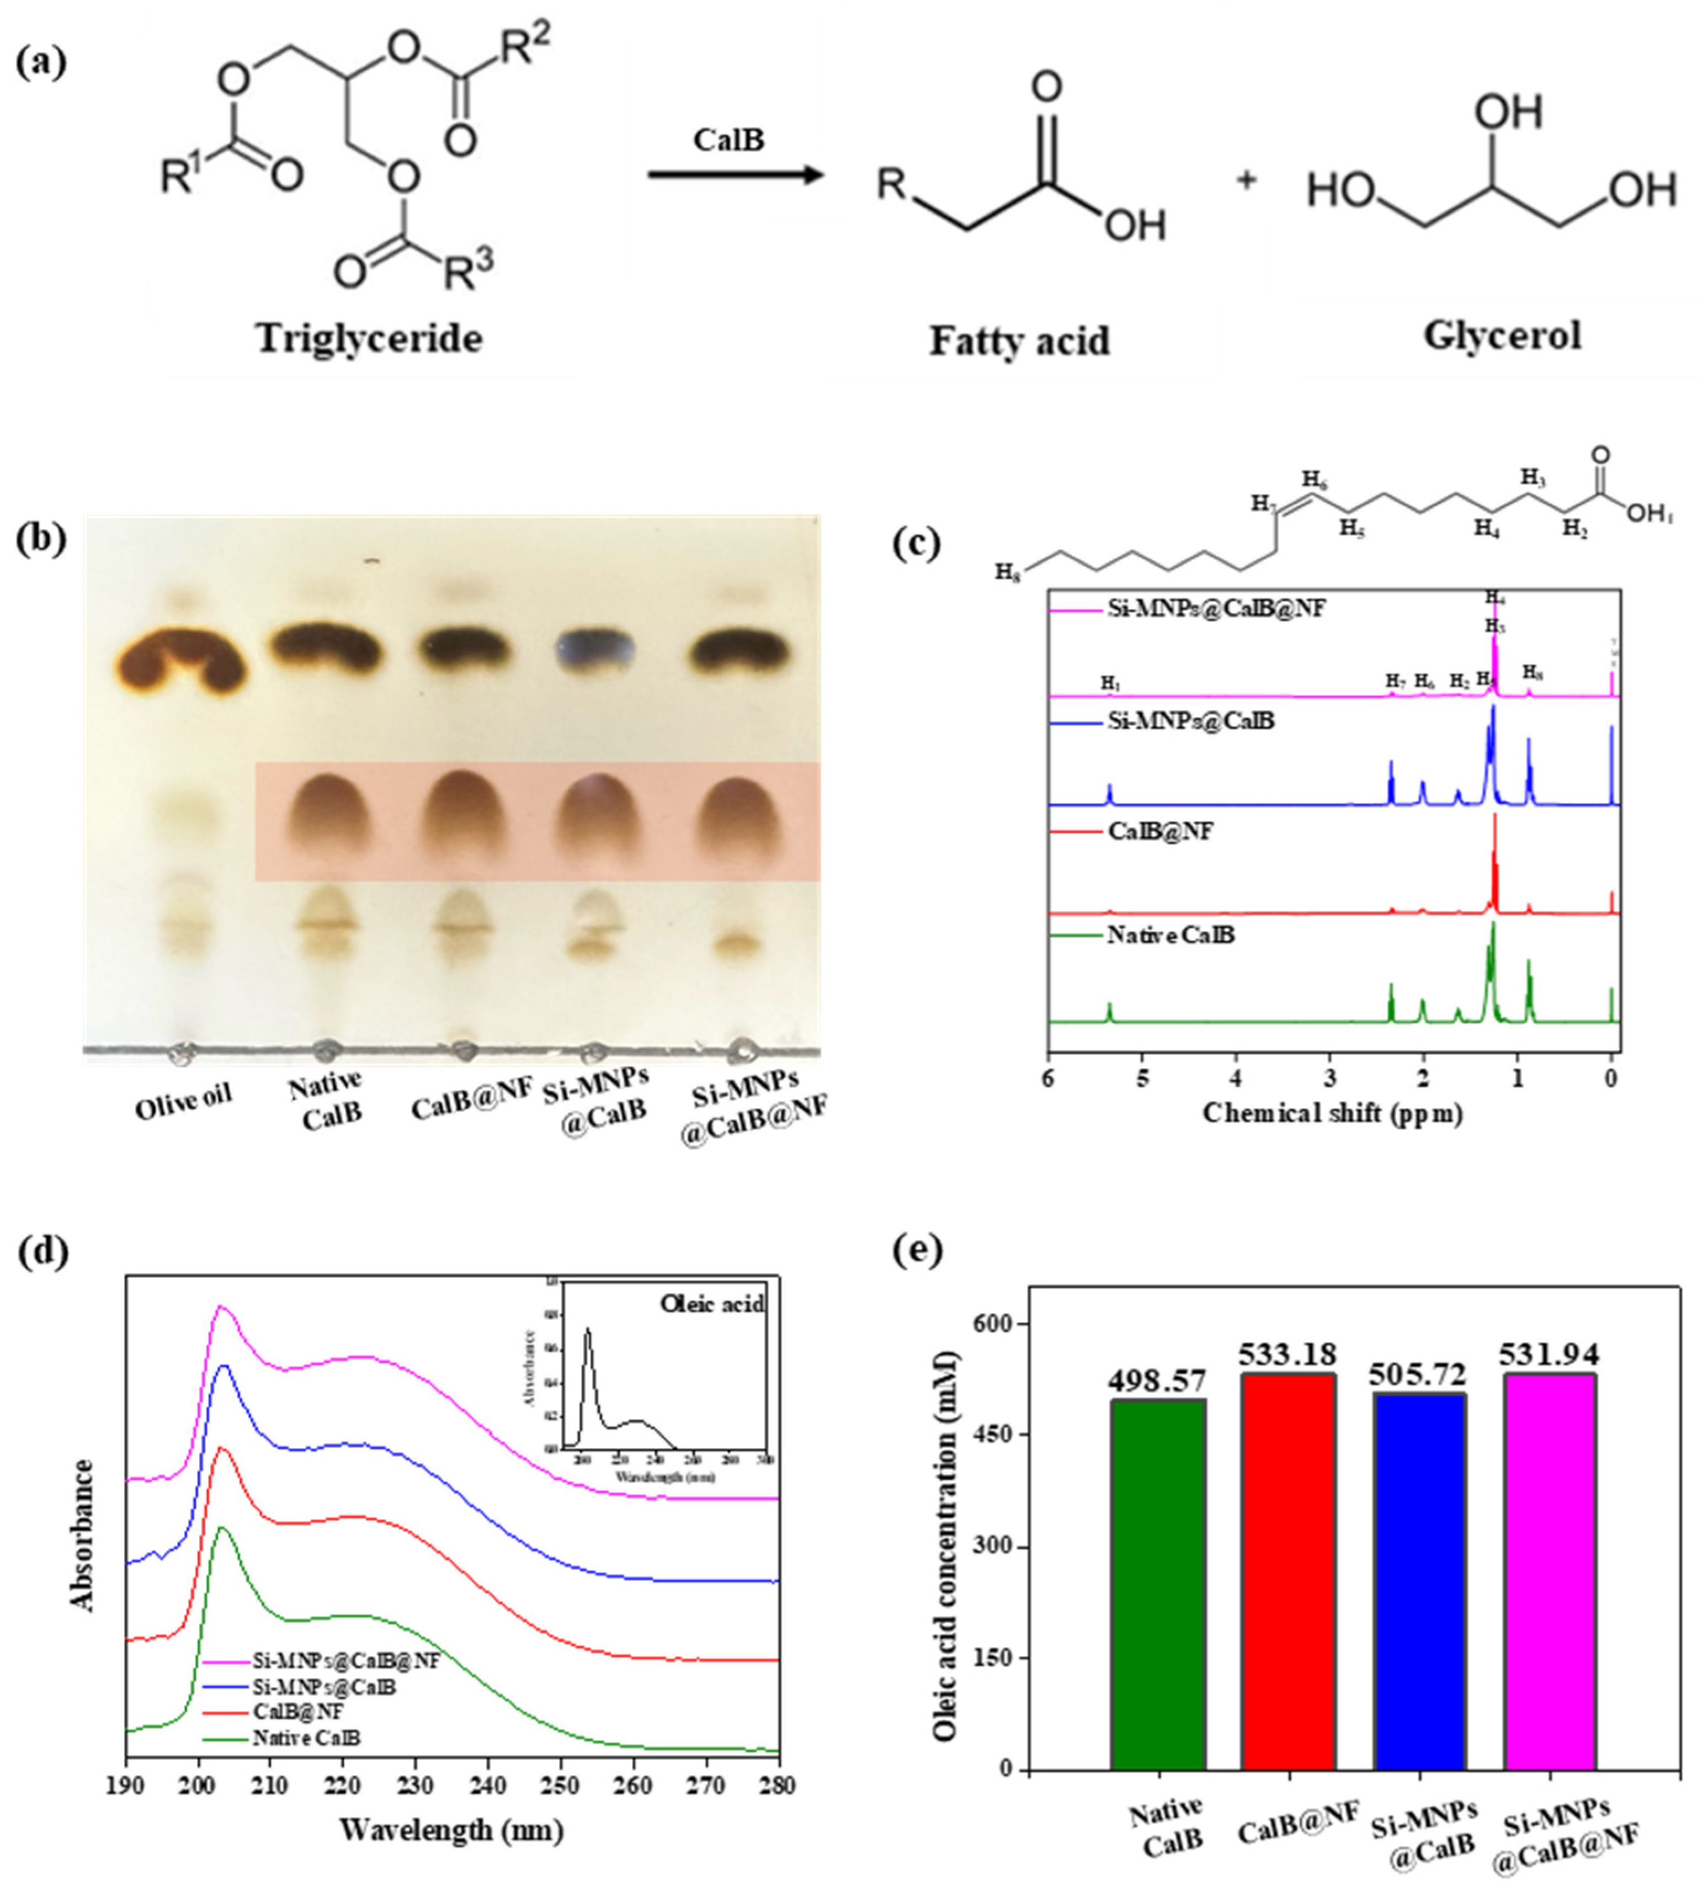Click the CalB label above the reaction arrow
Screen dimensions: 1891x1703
click(728, 140)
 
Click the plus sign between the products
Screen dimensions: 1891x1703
click(1246, 179)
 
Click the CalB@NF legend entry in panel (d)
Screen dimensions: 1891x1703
click(297, 1712)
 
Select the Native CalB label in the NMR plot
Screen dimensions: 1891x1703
click(1170, 936)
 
